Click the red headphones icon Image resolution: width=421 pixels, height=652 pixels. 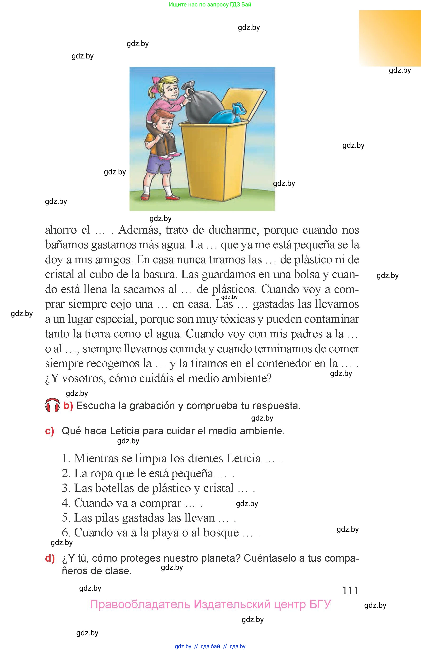click(x=52, y=405)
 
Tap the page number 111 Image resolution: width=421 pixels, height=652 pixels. click(x=350, y=591)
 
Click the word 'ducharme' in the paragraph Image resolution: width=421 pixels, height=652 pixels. click(x=234, y=230)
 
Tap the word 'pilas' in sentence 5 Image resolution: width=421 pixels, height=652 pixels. click(x=107, y=518)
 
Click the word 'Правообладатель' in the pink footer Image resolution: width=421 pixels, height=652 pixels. click(x=140, y=604)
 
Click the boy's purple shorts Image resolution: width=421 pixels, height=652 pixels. click(x=159, y=165)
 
